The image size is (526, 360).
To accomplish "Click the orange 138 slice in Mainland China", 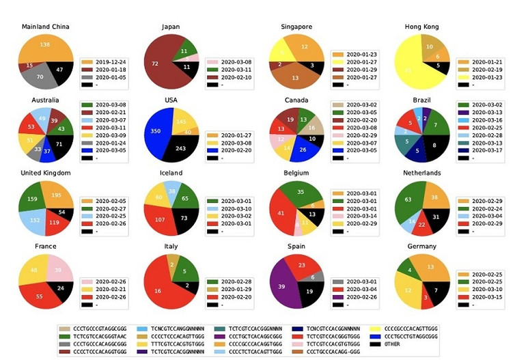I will tap(45, 46).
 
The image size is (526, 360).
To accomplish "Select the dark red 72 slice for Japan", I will tap(156, 64).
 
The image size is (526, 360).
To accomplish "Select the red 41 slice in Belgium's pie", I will tap(281, 212).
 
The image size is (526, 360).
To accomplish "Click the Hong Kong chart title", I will tap(421, 27).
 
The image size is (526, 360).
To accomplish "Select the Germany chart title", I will tap(421, 245).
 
